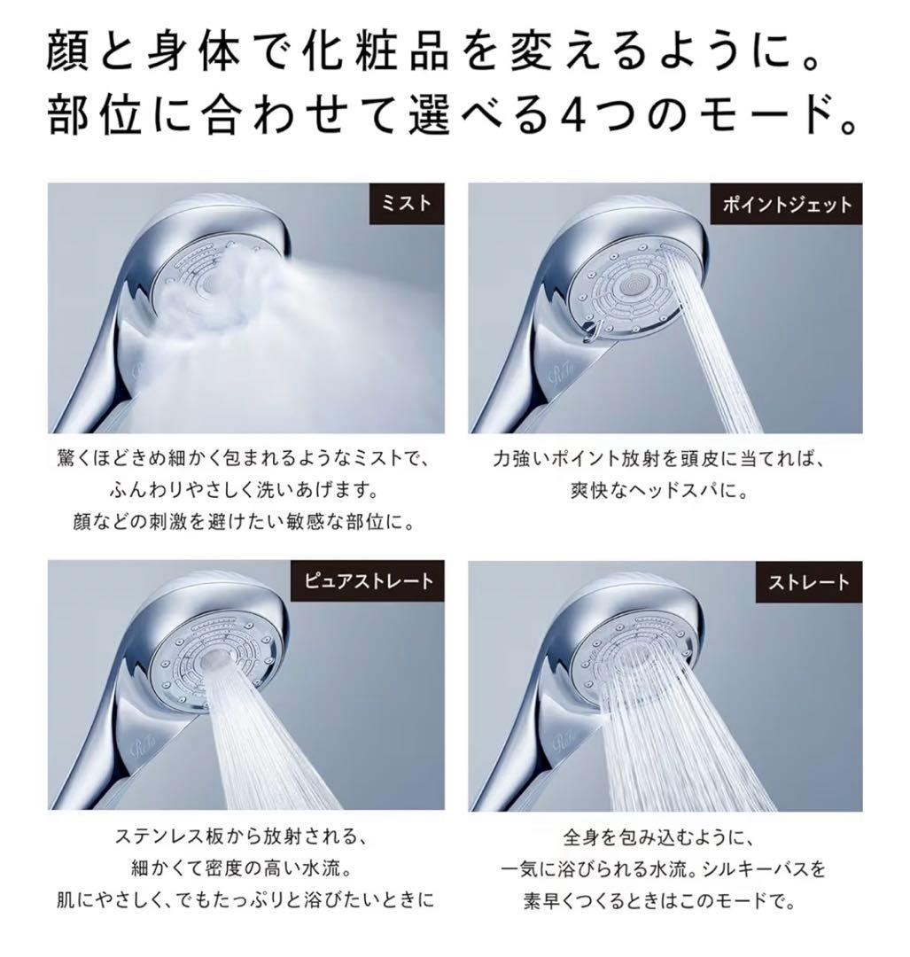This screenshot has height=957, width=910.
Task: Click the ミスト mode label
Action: [405, 204]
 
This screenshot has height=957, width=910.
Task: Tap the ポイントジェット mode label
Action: [787, 205]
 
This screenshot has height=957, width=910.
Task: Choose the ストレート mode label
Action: [808, 582]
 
